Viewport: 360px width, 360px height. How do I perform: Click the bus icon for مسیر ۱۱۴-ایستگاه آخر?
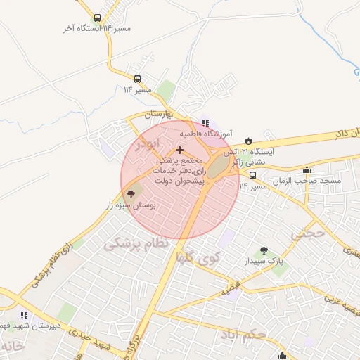tap(97, 18)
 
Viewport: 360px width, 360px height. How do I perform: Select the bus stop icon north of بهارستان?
tap(137, 79)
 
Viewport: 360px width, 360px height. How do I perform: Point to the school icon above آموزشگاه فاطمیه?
tap(205, 123)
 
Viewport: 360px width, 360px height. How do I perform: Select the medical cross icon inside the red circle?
tap(180, 150)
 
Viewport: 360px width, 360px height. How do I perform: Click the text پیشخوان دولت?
tap(184, 181)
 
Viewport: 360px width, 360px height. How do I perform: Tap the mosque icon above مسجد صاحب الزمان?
tap(307, 170)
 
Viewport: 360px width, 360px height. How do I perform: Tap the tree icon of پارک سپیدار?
tap(264, 250)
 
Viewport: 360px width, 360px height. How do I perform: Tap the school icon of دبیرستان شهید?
tap(23, 314)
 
